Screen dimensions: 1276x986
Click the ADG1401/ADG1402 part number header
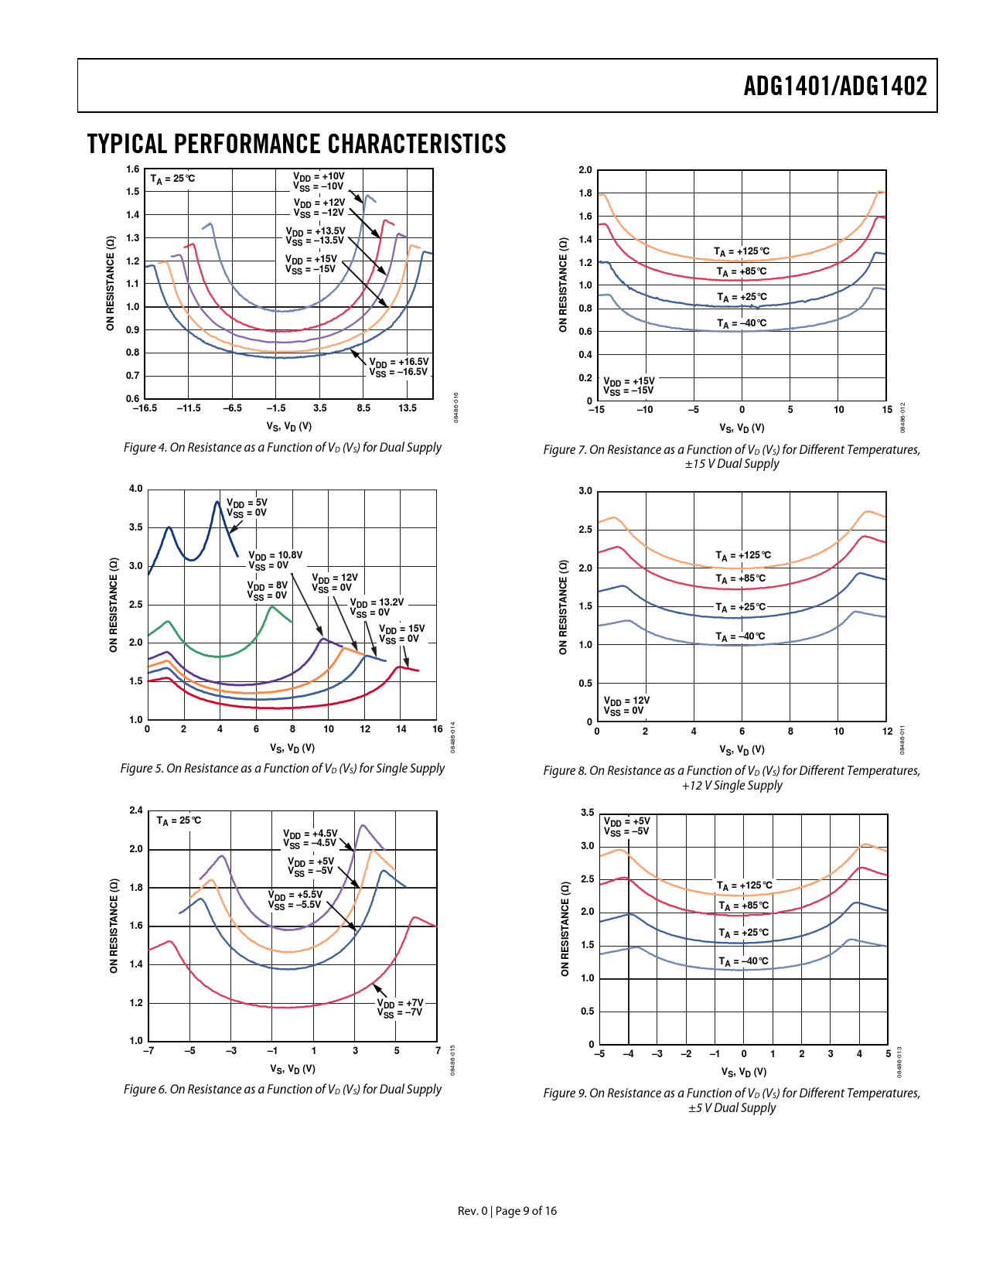click(x=834, y=86)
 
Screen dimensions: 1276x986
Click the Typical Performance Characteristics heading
click(x=296, y=145)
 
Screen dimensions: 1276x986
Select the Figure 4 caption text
click(x=282, y=448)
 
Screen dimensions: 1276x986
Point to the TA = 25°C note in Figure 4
click(x=172, y=179)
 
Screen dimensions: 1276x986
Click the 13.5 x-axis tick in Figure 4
click(x=408, y=408)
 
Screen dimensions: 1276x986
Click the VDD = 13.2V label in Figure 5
click(x=377, y=607)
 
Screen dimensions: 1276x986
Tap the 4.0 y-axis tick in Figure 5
click(x=136, y=489)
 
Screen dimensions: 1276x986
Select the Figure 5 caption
click(x=282, y=769)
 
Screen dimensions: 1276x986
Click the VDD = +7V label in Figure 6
click(x=400, y=1008)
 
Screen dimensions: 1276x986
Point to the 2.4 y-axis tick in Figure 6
click(x=136, y=810)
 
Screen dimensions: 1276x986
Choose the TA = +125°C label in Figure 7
click(x=742, y=252)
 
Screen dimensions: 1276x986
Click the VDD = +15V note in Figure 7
click(x=629, y=386)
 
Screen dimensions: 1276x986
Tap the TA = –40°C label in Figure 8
click(x=740, y=637)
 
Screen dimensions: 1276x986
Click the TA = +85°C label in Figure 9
click(x=743, y=906)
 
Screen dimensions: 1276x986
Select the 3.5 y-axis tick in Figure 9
click(x=588, y=813)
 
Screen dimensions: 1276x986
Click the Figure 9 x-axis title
click(x=743, y=1072)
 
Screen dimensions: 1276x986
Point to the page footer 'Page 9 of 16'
click(x=526, y=1211)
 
